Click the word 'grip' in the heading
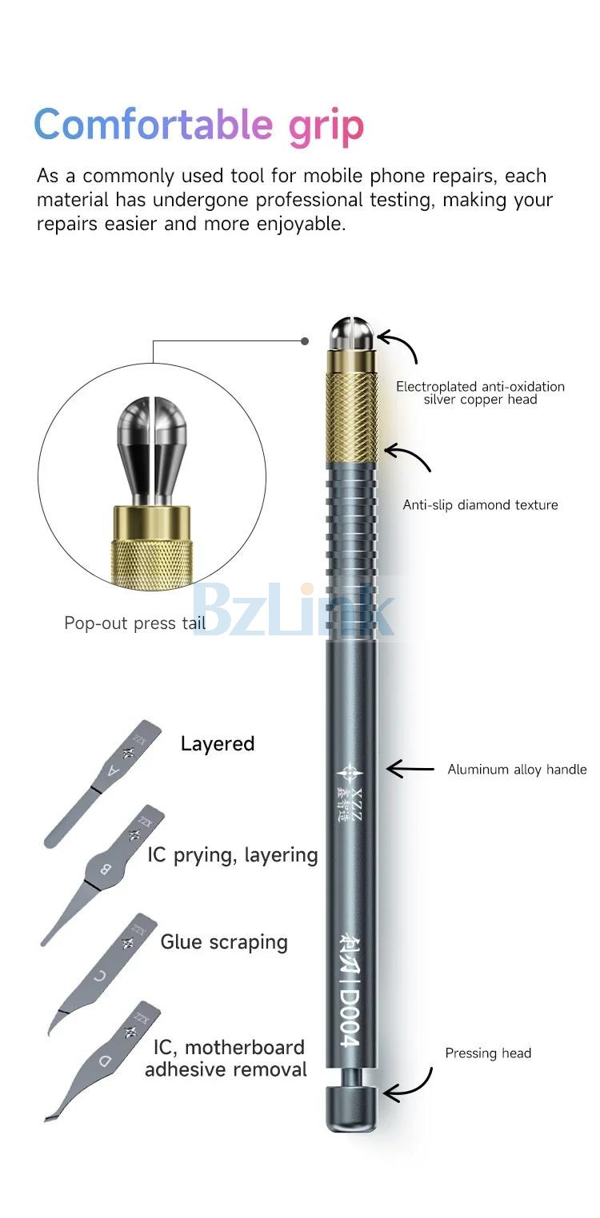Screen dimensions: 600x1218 tap(326, 126)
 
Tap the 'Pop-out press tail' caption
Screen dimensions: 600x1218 tap(134, 623)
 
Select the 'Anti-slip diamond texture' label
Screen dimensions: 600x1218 tap(480, 505)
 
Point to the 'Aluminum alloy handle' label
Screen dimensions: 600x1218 tap(518, 770)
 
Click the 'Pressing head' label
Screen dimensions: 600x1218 tap(488, 1053)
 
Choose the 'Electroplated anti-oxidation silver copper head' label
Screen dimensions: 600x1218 tap(480, 393)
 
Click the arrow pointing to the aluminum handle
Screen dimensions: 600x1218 tap(410, 769)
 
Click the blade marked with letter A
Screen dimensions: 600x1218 tap(103, 783)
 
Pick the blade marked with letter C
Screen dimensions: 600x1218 tap(102, 973)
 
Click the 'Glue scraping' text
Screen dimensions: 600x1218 tap(224, 942)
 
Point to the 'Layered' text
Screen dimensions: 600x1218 tap(218, 744)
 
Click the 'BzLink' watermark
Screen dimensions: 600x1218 tap(292, 609)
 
